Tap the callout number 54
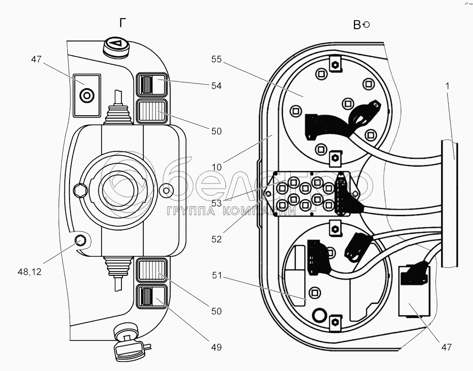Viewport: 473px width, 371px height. click(x=216, y=86)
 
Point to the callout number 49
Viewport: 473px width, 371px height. click(x=216, y=347)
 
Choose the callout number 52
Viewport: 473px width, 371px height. click(x=217, y=240)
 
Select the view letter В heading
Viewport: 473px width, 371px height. click(x=357, y=25)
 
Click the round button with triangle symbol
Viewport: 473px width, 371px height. click(x=116, y=46)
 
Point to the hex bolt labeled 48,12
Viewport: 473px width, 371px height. click(x=81, y=241)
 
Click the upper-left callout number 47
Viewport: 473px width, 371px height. click(x=37, y=60)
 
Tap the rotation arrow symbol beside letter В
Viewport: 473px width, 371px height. click(x=366, y=25)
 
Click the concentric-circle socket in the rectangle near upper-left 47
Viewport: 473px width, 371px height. click(x=87, y=96)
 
